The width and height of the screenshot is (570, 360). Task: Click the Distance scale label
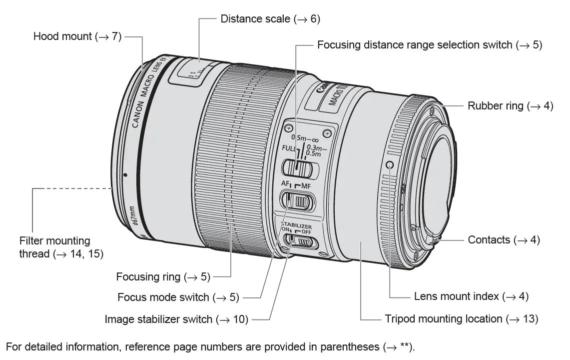[270, 19]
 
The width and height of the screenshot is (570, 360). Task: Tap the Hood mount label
[77, 36]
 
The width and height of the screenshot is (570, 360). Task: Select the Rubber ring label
[510, 106]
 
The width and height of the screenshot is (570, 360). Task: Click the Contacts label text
[504, 240]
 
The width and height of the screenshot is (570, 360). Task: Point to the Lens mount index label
[471, 296]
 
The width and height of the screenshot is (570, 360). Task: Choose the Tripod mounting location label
[461, 318]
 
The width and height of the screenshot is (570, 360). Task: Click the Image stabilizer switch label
[176, 319]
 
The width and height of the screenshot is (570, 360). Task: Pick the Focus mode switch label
[178, 297]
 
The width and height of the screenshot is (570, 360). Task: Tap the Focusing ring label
[163, 276]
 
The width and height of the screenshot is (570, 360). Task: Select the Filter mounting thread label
[61, 247]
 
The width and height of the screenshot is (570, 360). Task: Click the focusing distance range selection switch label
[429, 45]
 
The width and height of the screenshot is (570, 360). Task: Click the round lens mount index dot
[390, 165]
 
